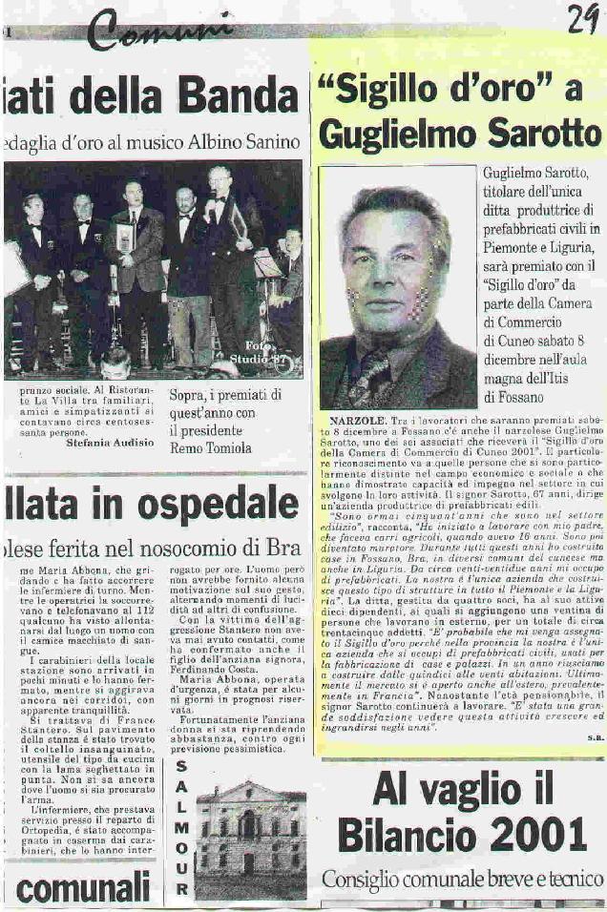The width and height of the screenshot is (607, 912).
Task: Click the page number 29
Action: point(582,17)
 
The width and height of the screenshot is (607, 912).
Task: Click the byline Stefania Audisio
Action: point(110,443)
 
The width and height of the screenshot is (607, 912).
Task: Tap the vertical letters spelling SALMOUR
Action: point(181,830)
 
